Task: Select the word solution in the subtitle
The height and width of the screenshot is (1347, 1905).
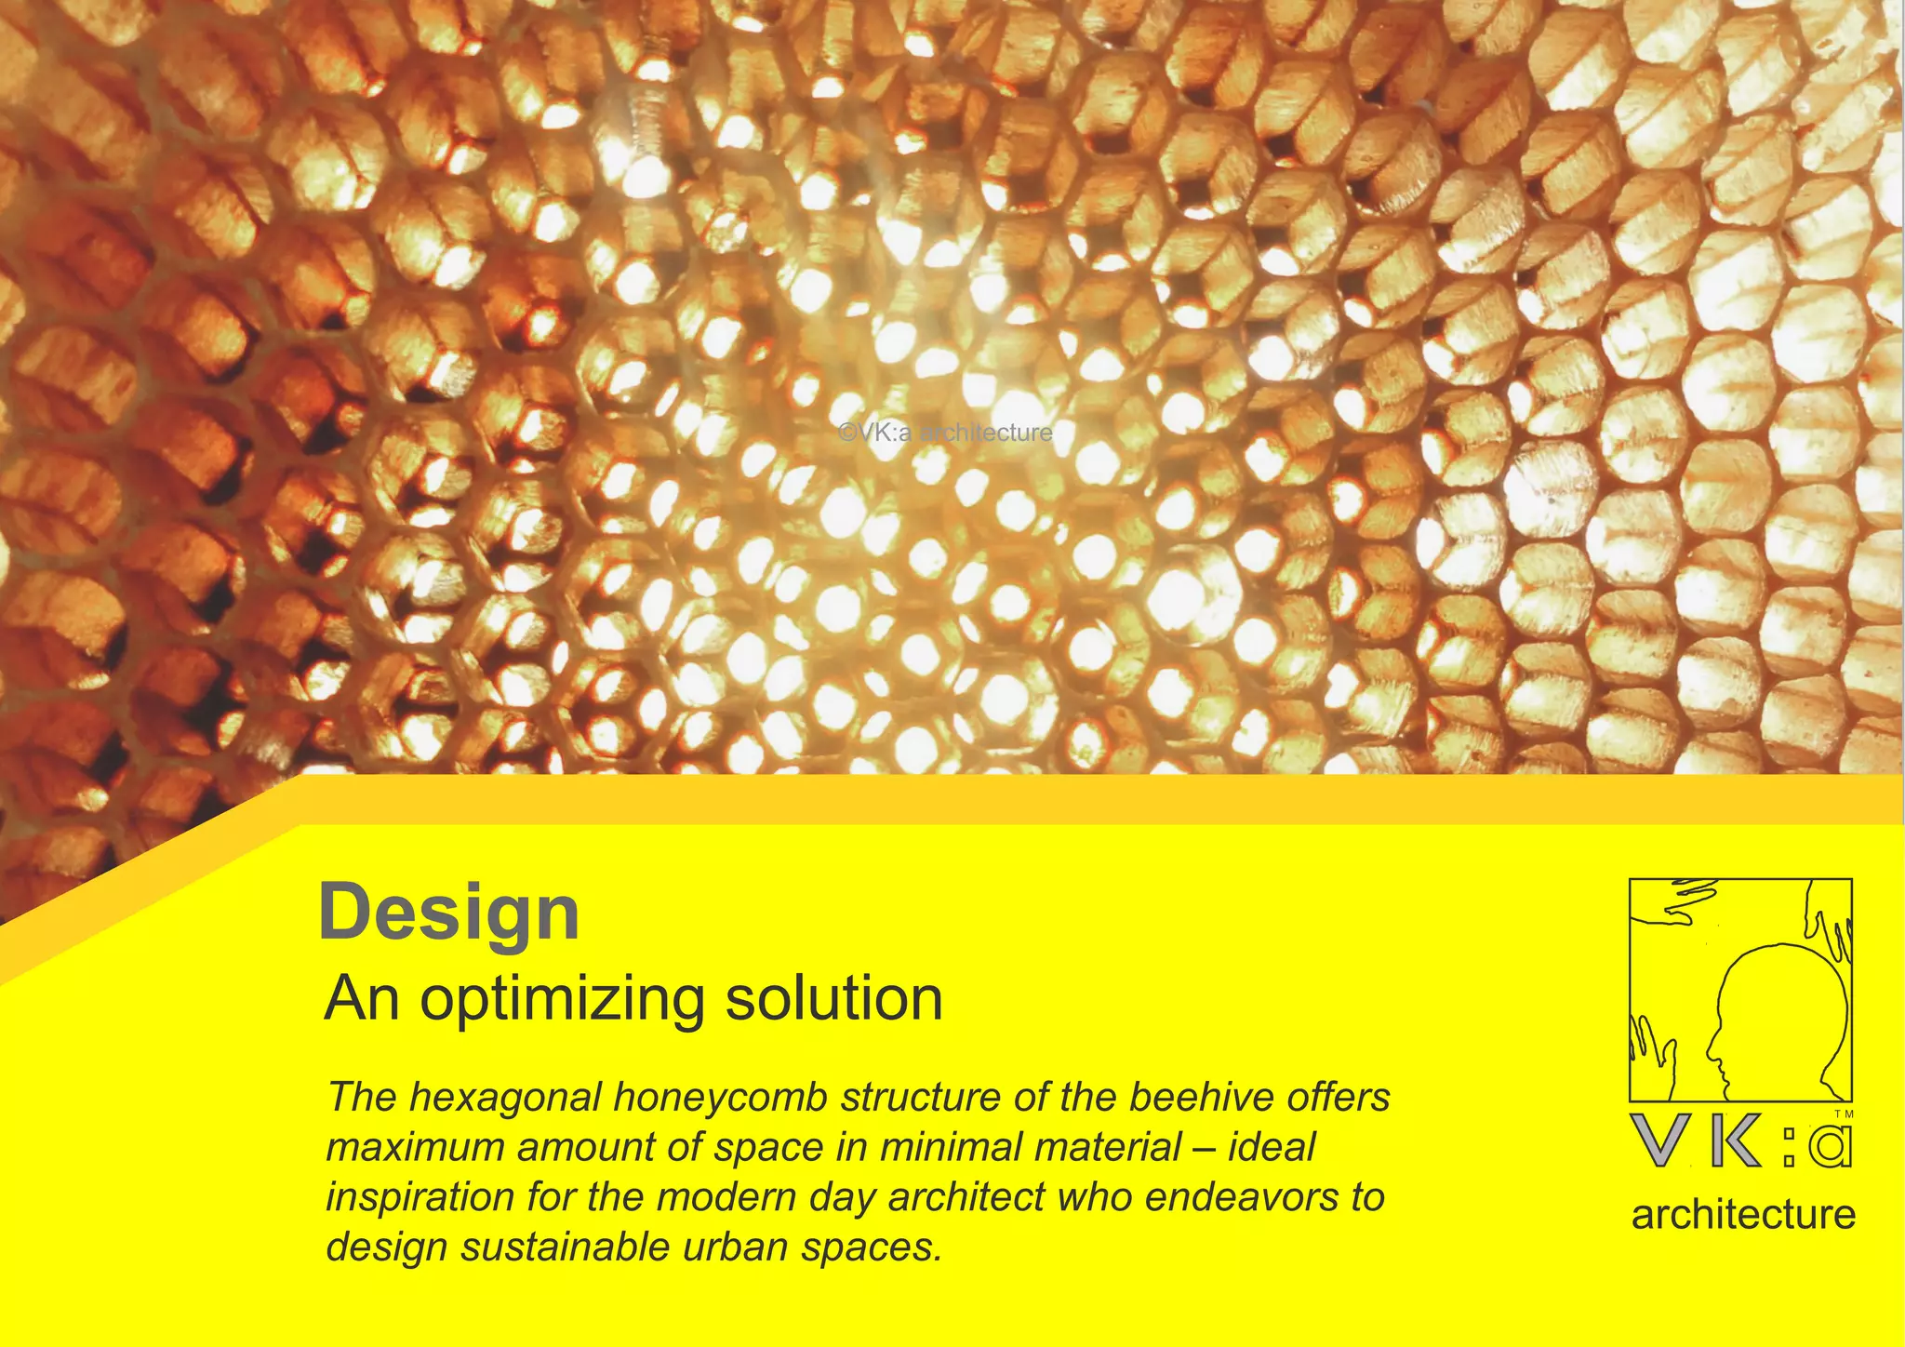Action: [x=833, y=999]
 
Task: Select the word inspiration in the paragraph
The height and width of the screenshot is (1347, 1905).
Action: [x=420, y=1198]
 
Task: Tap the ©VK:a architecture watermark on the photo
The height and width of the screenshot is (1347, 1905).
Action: [x=945, y=433]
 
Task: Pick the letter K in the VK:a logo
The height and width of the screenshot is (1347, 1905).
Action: [x=1736, y=1140]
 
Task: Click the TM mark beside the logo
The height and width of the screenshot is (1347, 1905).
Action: [x=1844, y=1114]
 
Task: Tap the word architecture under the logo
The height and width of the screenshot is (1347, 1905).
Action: [x=1743, y=1215]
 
